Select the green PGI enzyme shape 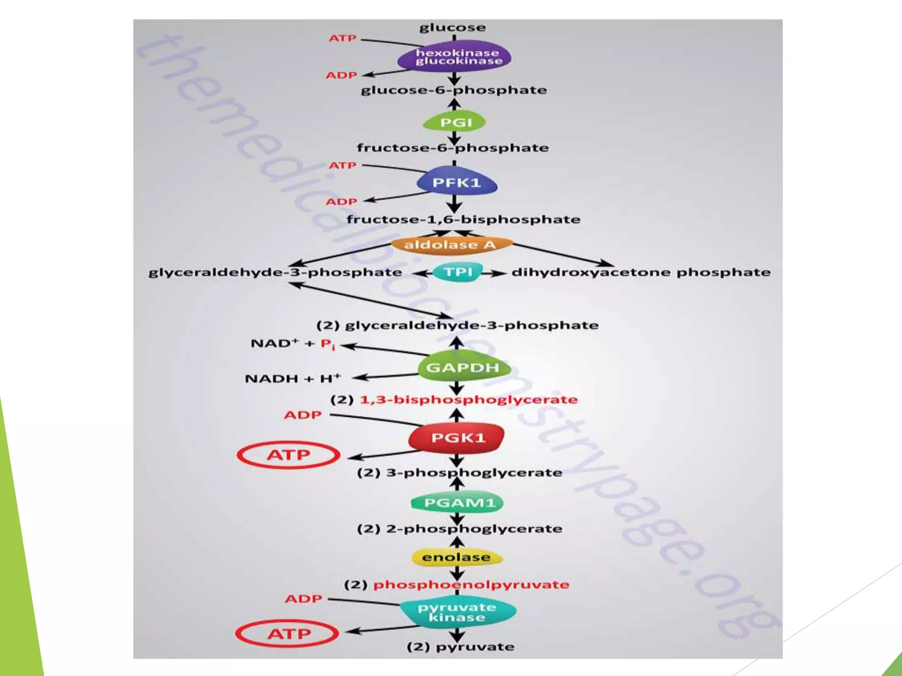(455, 122)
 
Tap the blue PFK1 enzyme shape (456, 182)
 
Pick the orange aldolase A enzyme (451, 245)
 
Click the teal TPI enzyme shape (458, 272)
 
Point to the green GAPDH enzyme (462, 367)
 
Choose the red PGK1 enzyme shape (457, 437)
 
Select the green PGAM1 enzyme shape (458, 503)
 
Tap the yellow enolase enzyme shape (456, 557)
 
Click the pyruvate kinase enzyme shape (457, 612)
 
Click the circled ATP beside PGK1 (288, 455)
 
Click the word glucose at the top (453, 28)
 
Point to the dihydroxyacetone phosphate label (641, 272)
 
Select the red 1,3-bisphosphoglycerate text (469, 400)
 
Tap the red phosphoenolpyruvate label (471, 584)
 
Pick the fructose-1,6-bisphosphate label (463, 219)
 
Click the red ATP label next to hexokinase (342, 38)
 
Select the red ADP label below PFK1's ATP (341, 202)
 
